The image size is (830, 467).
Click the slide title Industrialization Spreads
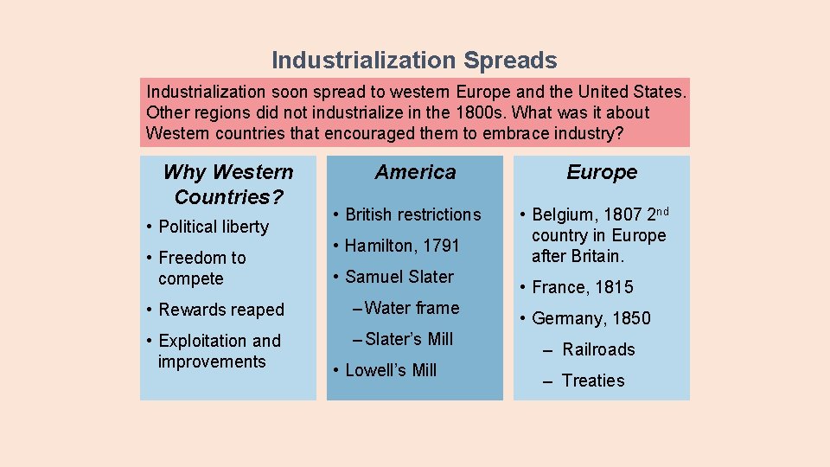click(x=414, y=61)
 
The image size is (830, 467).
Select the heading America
click(x=415, y=172)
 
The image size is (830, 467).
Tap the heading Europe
click(x=602, y=172)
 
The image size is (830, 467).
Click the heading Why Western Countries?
click(x=228, y=184)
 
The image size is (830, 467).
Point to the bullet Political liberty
click(x=214, y=227)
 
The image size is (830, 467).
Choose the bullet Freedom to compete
click(x=202, y=268)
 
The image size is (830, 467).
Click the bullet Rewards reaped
click(x=221, y=310)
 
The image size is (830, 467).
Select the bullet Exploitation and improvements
click(x=220, y=351)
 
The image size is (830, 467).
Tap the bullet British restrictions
click(x=412, y=214)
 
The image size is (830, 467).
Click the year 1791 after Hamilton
click(x=441, y=246)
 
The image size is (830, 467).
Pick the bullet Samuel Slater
click(x=399, y=277)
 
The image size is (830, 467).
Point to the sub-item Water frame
click(x=412, y=308)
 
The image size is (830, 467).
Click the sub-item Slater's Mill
click(x=409, y=339)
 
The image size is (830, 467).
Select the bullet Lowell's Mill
click(x=391, y=370)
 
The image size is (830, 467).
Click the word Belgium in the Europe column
click(x=563, y=214)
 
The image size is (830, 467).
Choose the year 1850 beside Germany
click(x=630, y=318)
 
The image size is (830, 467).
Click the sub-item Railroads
click(x=598, y=349)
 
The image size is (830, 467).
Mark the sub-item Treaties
click(x=593, y=381)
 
